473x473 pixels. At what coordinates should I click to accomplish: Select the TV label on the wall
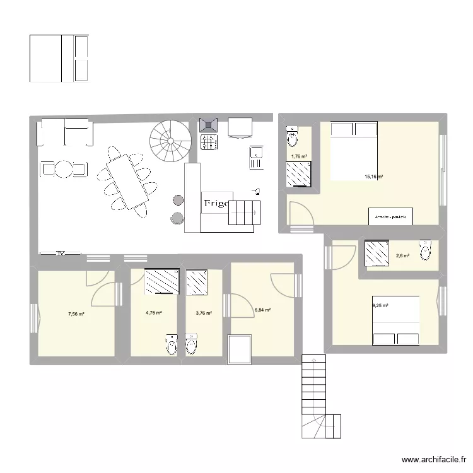(x=61, y=254)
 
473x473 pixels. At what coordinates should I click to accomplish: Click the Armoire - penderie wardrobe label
(x=390, y=216)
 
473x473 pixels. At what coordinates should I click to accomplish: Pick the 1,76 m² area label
(x=298, y=157)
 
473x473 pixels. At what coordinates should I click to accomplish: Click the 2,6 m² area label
(x=402, y=255)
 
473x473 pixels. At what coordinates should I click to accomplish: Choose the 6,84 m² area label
(x=262, y=310)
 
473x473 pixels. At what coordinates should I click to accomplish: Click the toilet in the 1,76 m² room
(x=293, y=135)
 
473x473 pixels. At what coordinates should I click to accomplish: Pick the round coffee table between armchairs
(x=64, y=169)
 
